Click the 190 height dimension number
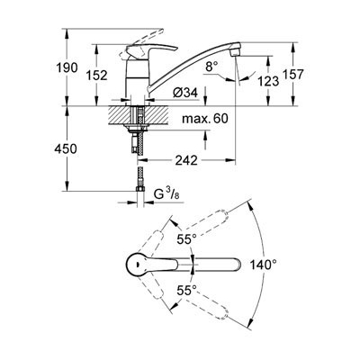(x=67, y=68)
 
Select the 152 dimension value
(x=96, y=76)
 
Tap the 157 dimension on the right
(x=293, y=74)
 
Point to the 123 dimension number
(x=268, y=81)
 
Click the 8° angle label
(x=211, y=67)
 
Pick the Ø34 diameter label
(x=185, y=94)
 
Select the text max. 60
(x=205, y=119)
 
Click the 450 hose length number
(x=66, y=148)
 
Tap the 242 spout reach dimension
(x=186, y=160)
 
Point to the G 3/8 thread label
(x=166, y=194)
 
